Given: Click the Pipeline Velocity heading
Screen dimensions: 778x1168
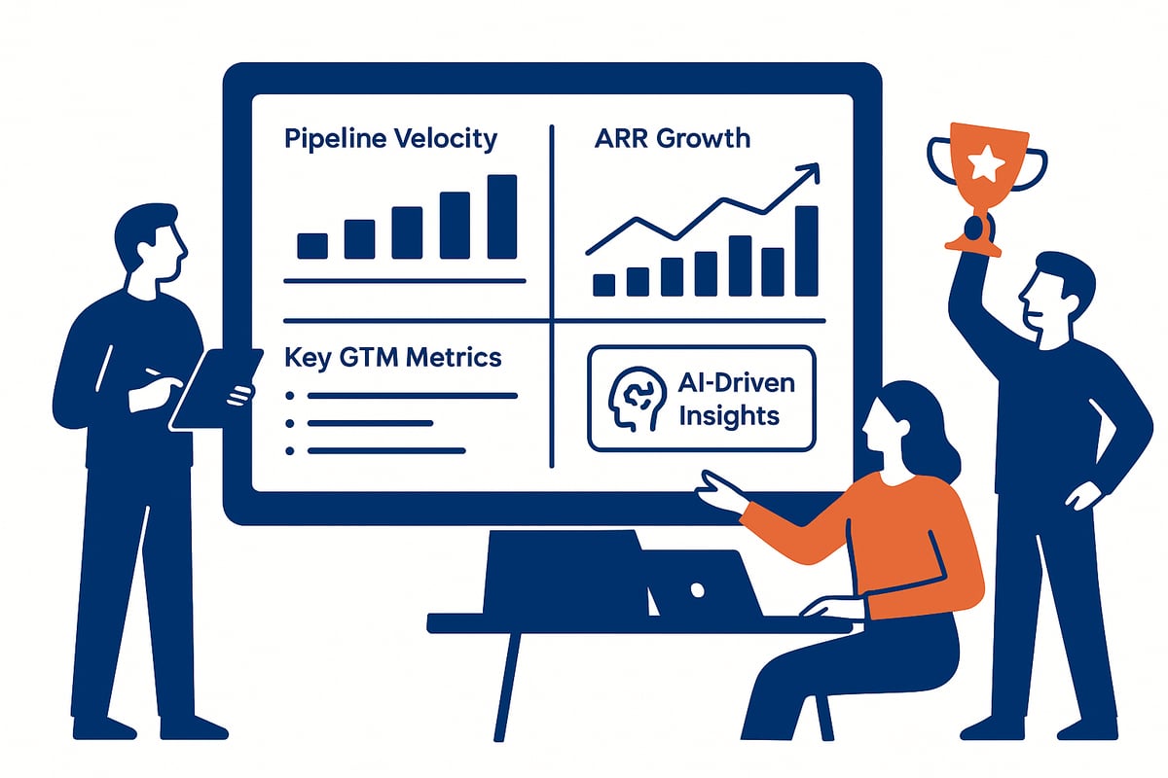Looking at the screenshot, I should click(x=390, y=138).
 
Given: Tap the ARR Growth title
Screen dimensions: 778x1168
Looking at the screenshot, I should click(x=672, y=138).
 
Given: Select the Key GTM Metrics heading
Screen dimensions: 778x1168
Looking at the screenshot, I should click(x=393, y=357).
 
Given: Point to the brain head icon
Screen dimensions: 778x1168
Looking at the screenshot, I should click(x=629, y=399).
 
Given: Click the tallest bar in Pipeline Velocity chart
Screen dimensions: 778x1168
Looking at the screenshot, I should click(x=501, y=216).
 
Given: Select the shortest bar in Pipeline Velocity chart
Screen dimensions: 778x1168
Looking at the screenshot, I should click(x=312, y=245).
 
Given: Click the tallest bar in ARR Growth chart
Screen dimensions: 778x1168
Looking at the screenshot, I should click(x=806, y=250).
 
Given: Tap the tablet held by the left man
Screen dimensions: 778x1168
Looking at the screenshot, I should click(x=216, y=387).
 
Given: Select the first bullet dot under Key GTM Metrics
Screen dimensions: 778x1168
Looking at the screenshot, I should click(x=289, y=396).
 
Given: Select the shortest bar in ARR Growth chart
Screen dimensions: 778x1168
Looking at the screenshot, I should click(x=603, y=284).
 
